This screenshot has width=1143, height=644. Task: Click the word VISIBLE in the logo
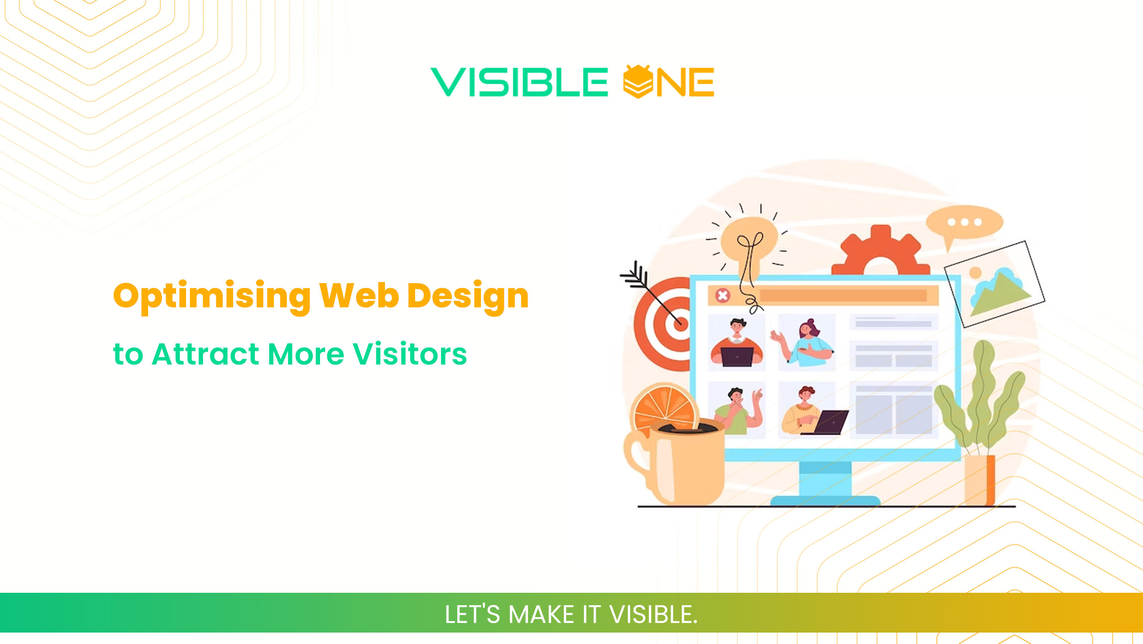519,82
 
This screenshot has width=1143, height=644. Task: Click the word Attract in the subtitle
206,354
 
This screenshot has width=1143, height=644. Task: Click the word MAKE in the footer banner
541,614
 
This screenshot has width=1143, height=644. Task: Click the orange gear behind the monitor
880,252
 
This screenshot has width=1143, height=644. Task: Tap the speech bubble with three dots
965,223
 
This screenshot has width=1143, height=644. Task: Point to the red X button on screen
722,295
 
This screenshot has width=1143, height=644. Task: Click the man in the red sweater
737,343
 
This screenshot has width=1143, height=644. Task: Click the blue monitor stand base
825,500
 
